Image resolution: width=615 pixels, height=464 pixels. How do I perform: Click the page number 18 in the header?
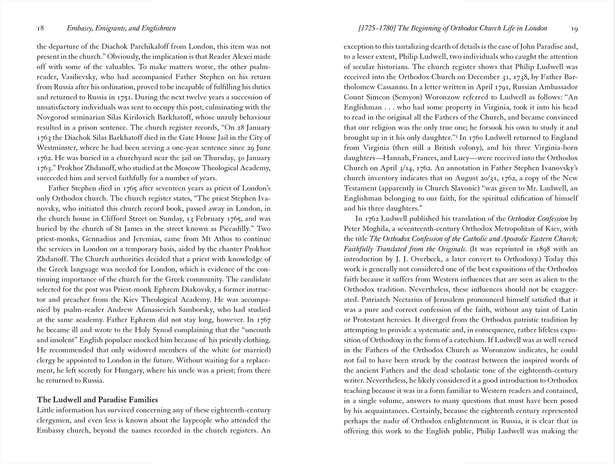(x=40, y=28)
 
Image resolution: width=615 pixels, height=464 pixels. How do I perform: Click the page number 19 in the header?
(x=574, y=28)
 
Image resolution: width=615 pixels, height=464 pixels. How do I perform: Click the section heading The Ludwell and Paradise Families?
(x=97, y=400)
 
